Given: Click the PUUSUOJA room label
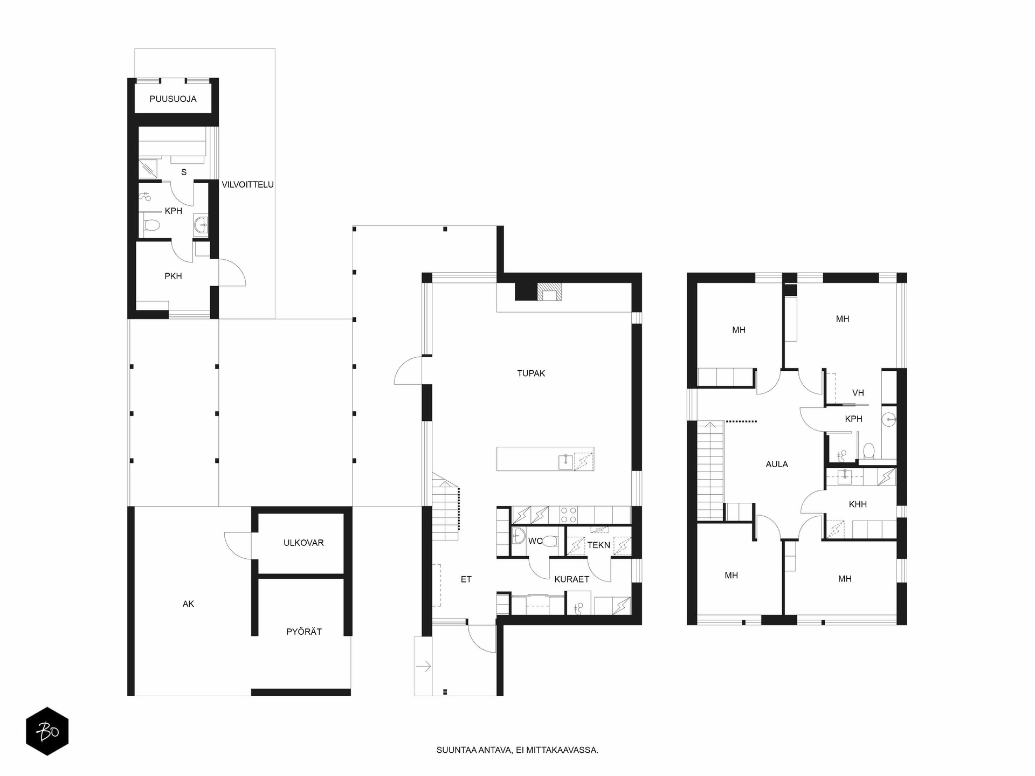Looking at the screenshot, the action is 173,99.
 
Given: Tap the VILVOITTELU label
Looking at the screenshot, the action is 247,184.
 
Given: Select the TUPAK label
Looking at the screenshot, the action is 531,373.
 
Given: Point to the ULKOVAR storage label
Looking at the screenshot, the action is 303,543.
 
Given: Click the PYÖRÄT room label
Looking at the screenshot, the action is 304,632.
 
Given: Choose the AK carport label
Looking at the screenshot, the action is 188,604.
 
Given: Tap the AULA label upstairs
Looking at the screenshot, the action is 777,464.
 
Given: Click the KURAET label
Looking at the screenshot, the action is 572,579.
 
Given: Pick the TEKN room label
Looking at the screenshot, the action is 599,545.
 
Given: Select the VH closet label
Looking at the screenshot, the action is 858,393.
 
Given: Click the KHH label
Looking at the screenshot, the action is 858,504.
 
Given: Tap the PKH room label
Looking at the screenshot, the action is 173,276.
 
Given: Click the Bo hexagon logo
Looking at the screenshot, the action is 47,731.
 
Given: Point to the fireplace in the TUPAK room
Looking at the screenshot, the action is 550,292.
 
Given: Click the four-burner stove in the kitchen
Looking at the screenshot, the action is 569,515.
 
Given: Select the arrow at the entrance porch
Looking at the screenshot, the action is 424,667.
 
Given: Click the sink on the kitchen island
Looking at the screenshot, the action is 565,461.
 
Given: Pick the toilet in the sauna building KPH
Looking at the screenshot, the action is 152,225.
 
